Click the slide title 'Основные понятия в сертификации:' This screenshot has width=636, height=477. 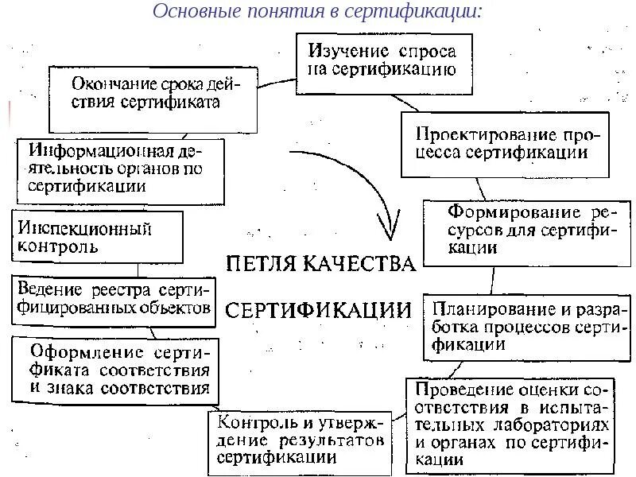pos(316,12)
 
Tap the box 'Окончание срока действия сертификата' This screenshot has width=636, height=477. pos(153,96)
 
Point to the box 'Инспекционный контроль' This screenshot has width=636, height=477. pos(96,237)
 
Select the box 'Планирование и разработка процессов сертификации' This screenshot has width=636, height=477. pos(526,326)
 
